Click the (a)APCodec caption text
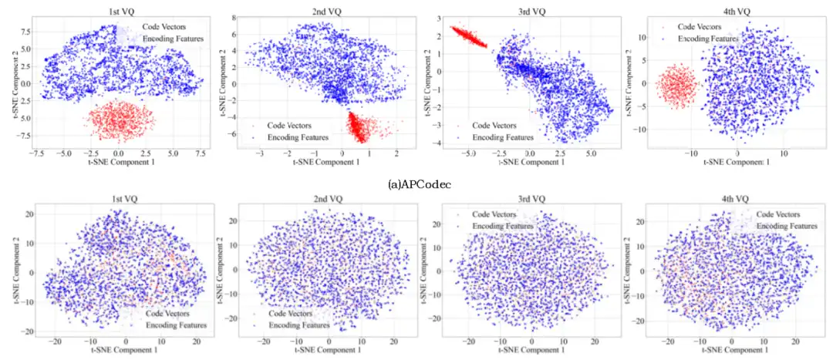coord(416,185)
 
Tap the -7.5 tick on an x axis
coord(36,153)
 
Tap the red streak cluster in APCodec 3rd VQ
coord(469,35)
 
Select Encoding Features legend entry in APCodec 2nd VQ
coord(298,136)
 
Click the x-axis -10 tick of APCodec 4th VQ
coord(691,153)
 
